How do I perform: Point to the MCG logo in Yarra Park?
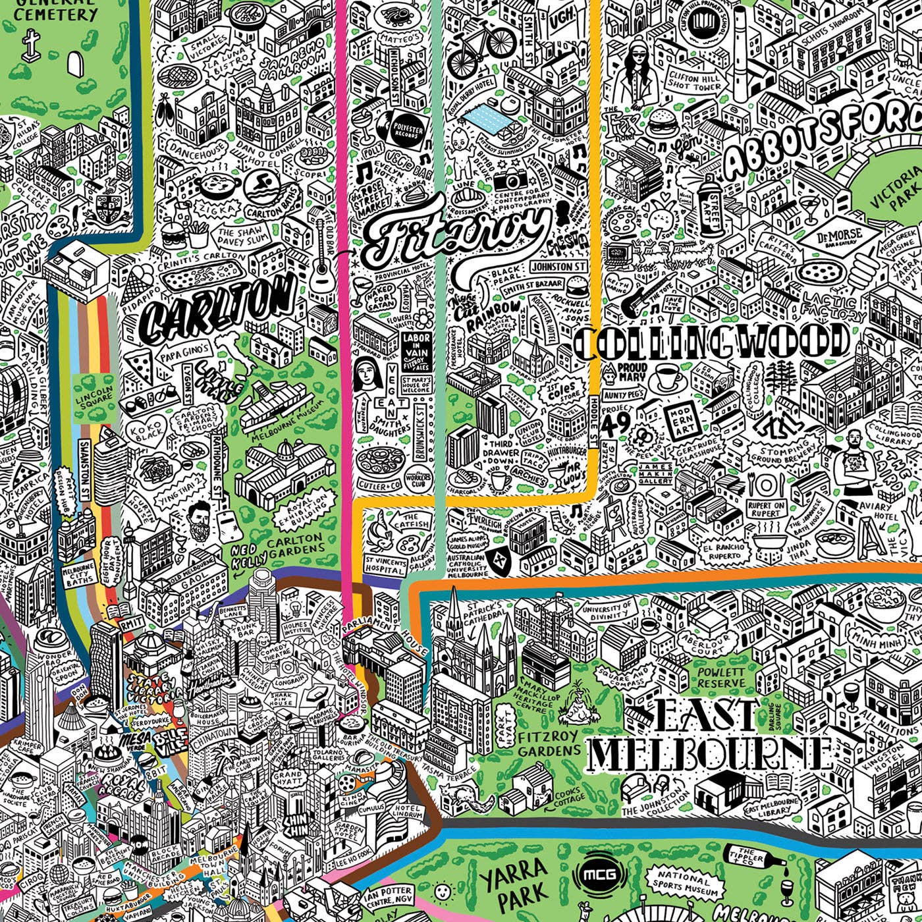tap(599, 875)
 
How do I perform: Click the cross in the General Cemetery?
tap(29, 45)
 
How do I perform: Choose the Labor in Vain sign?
tap(416, 351)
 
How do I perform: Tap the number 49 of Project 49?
tap(616, 423)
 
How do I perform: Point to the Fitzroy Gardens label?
tap(548, 743)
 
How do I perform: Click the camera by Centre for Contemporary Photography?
tap(508, 178)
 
